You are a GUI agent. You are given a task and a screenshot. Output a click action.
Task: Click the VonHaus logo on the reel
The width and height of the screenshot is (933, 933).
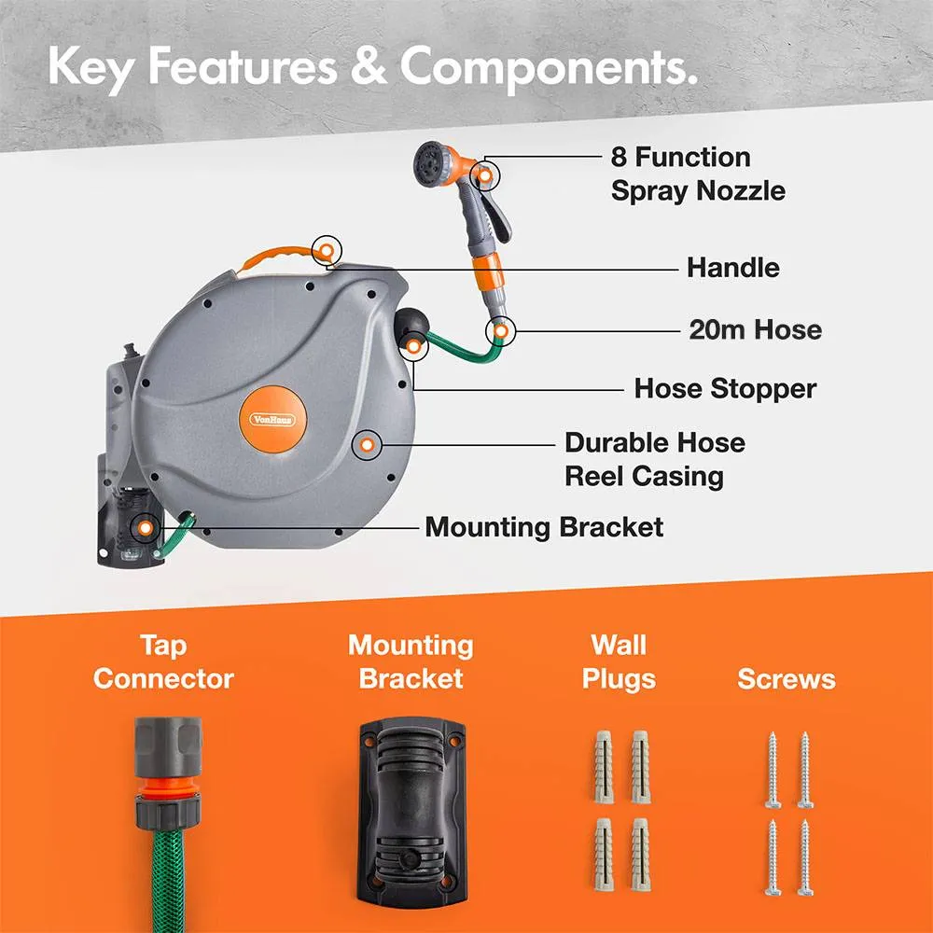click(x=273, y=420)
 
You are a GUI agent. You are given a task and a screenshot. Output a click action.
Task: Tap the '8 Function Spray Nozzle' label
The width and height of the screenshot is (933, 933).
click(x=698, y=174)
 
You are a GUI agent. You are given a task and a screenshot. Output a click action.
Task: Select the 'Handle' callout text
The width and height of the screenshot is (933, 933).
click(x=733, y=268)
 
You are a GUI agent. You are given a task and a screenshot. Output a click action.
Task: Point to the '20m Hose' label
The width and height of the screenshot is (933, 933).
click(x=755, y=329)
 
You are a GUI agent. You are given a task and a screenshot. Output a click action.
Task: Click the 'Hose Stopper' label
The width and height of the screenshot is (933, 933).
click(x=725, y=389)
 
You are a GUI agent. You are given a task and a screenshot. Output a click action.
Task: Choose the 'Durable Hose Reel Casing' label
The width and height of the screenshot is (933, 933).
click(x=655, y=459)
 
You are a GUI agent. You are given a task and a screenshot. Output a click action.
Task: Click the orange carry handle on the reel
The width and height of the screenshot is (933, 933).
click(x=278, y=258)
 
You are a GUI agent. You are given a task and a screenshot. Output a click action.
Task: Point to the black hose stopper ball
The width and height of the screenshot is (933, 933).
click(x=411, y=325)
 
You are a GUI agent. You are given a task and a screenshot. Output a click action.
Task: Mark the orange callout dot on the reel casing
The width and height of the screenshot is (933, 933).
click(x=367, y=444)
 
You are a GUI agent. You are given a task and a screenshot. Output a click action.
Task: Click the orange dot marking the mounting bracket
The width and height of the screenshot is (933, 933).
click(x=145, y=528)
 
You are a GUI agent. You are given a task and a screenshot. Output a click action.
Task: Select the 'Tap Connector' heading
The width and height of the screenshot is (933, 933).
click(x=163, y=661)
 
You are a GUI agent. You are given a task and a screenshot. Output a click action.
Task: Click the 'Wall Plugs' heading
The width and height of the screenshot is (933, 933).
click(x=619, y=661)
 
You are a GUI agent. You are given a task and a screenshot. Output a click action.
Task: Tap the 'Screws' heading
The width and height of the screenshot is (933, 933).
click(x=786, y=679)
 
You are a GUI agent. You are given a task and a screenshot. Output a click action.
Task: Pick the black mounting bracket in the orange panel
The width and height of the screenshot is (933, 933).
click(x=411, y=813)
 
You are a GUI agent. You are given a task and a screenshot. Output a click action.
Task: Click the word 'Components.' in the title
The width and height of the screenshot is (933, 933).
click(x=548, y=68)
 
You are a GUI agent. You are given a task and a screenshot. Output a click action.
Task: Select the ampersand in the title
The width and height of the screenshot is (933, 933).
click(x=369, y=66)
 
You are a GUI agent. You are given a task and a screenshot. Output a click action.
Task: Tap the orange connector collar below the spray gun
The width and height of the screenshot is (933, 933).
click(x=489, y=273)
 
